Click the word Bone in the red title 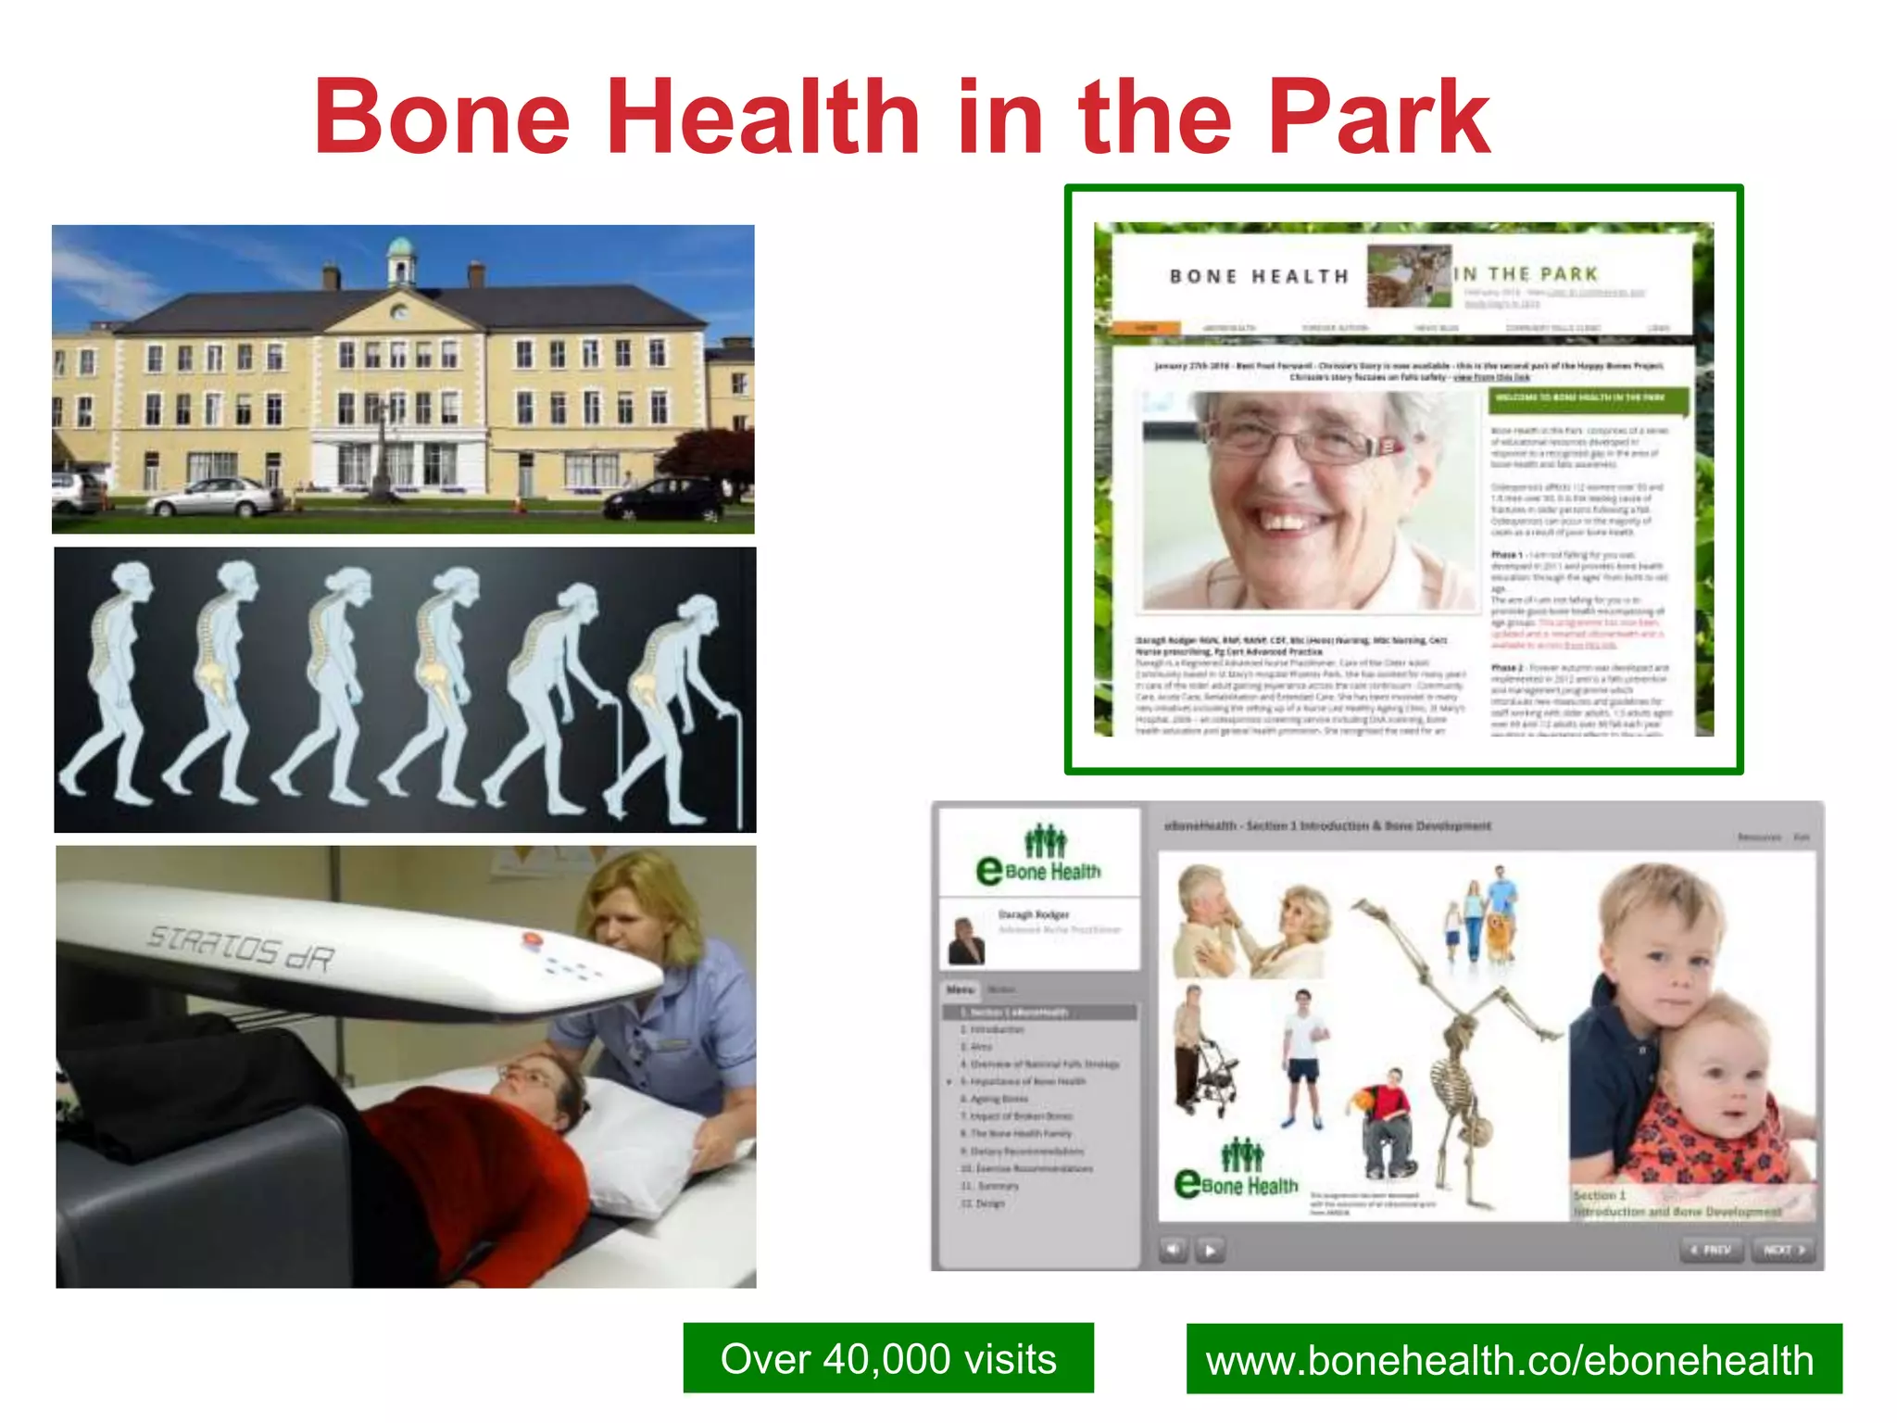(x=443, y=118)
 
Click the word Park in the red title (x=1378, y=118)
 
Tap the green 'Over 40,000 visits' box (x=888, y=1358)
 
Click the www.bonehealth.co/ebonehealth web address (x=1514, y=1360)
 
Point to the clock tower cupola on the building (x=400, y=258)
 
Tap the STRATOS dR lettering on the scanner (x=239, y=948)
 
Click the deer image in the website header (x=1408, y=275)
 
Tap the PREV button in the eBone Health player (x=1712, y=1250)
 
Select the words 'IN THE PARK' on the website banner (x=1526, y=274)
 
